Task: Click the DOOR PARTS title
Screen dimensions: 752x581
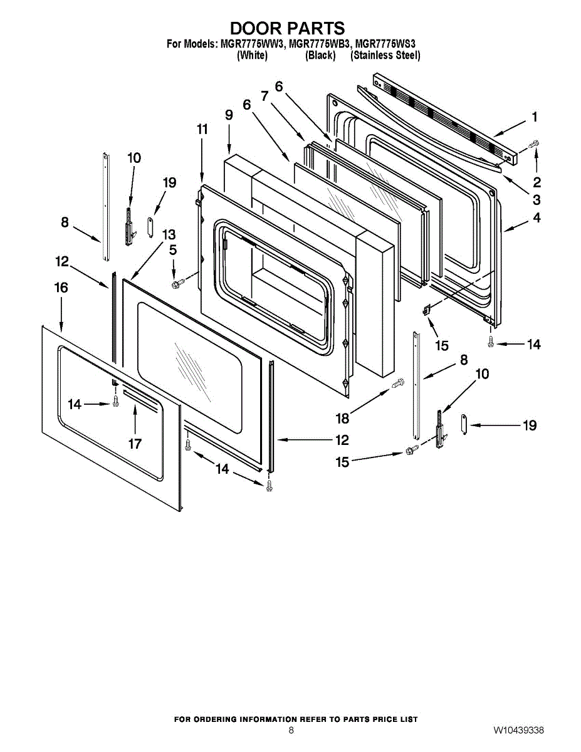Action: (x=287, y=28)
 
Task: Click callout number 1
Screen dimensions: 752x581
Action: (x=535, y=117)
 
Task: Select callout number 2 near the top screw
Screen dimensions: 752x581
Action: (x=537, y=183)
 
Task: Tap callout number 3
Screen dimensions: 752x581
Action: (x=537, y=201)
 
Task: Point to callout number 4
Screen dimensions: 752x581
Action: (x=537, y=218)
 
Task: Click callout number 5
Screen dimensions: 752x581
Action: (x=172, y=250)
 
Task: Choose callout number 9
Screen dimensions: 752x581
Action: (x=228, y=115)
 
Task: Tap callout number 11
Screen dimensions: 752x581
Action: (x=202, y=130)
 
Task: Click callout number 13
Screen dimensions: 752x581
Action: (x=169, y=234)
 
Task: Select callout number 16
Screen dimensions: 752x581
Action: (x=61, y=288)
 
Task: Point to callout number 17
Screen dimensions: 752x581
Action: (x=135, y=444)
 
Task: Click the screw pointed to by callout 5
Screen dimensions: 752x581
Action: (x=177, y=284)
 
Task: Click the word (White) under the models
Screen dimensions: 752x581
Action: (x=252, y=55)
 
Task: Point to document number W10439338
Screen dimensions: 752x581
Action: (x=518, y=731)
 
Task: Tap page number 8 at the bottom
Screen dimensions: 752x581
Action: (x=291, y=731)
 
